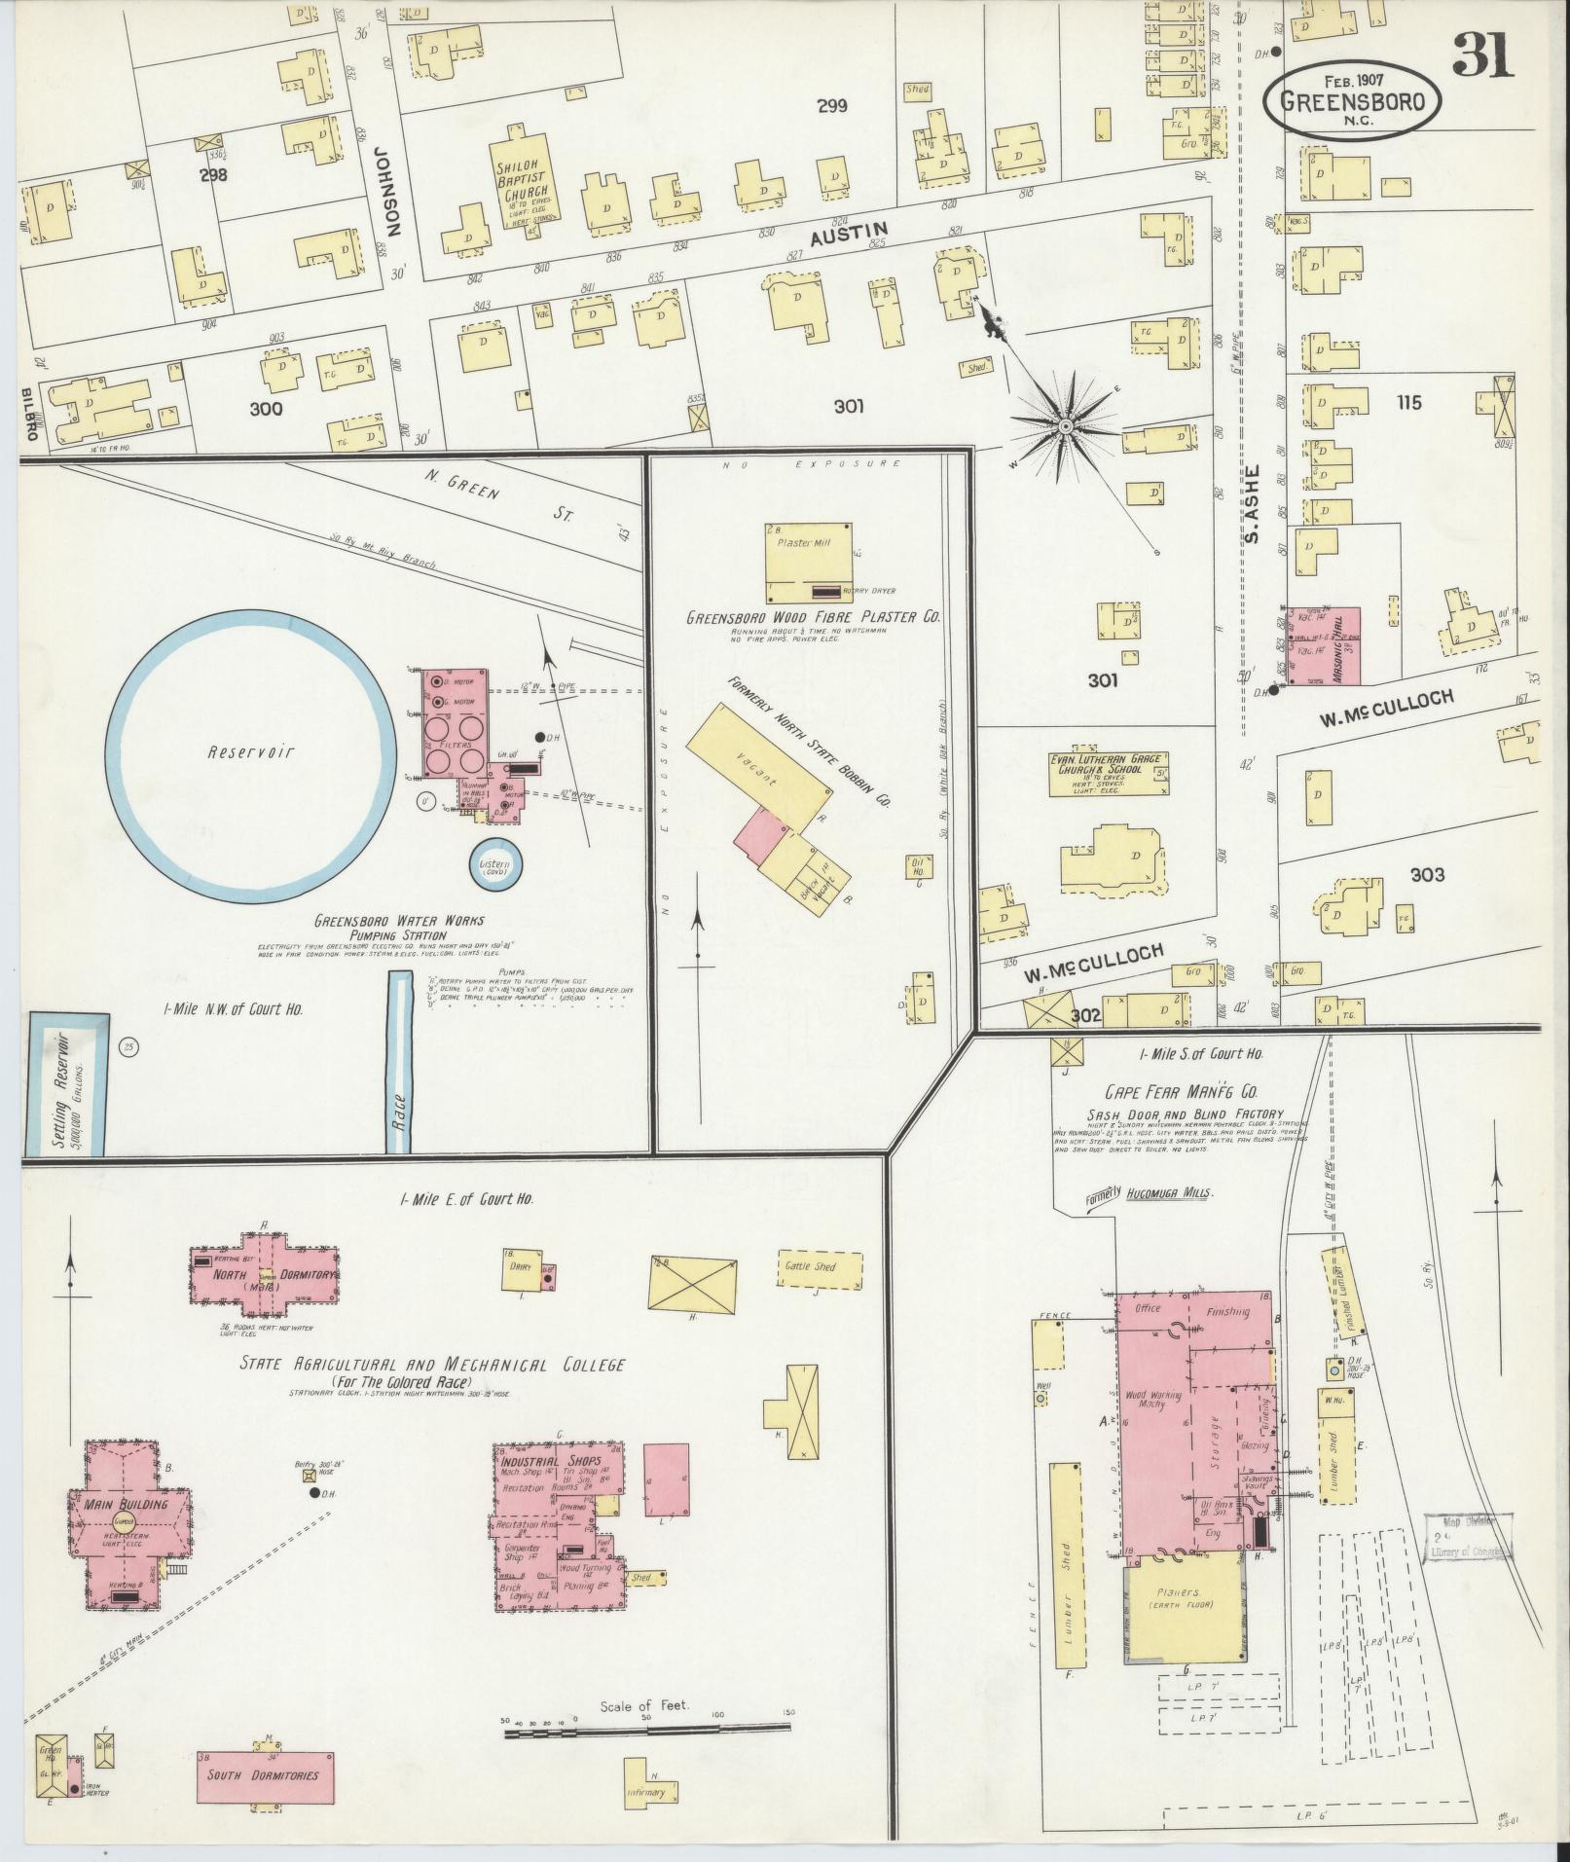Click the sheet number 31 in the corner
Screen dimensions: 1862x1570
[1482, 55]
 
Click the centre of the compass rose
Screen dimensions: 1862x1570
[1066, 426]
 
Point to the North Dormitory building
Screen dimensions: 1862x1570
[262, 1274]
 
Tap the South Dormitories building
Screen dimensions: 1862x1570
[261, 1774]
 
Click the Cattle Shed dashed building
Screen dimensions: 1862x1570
[820, 1268]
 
